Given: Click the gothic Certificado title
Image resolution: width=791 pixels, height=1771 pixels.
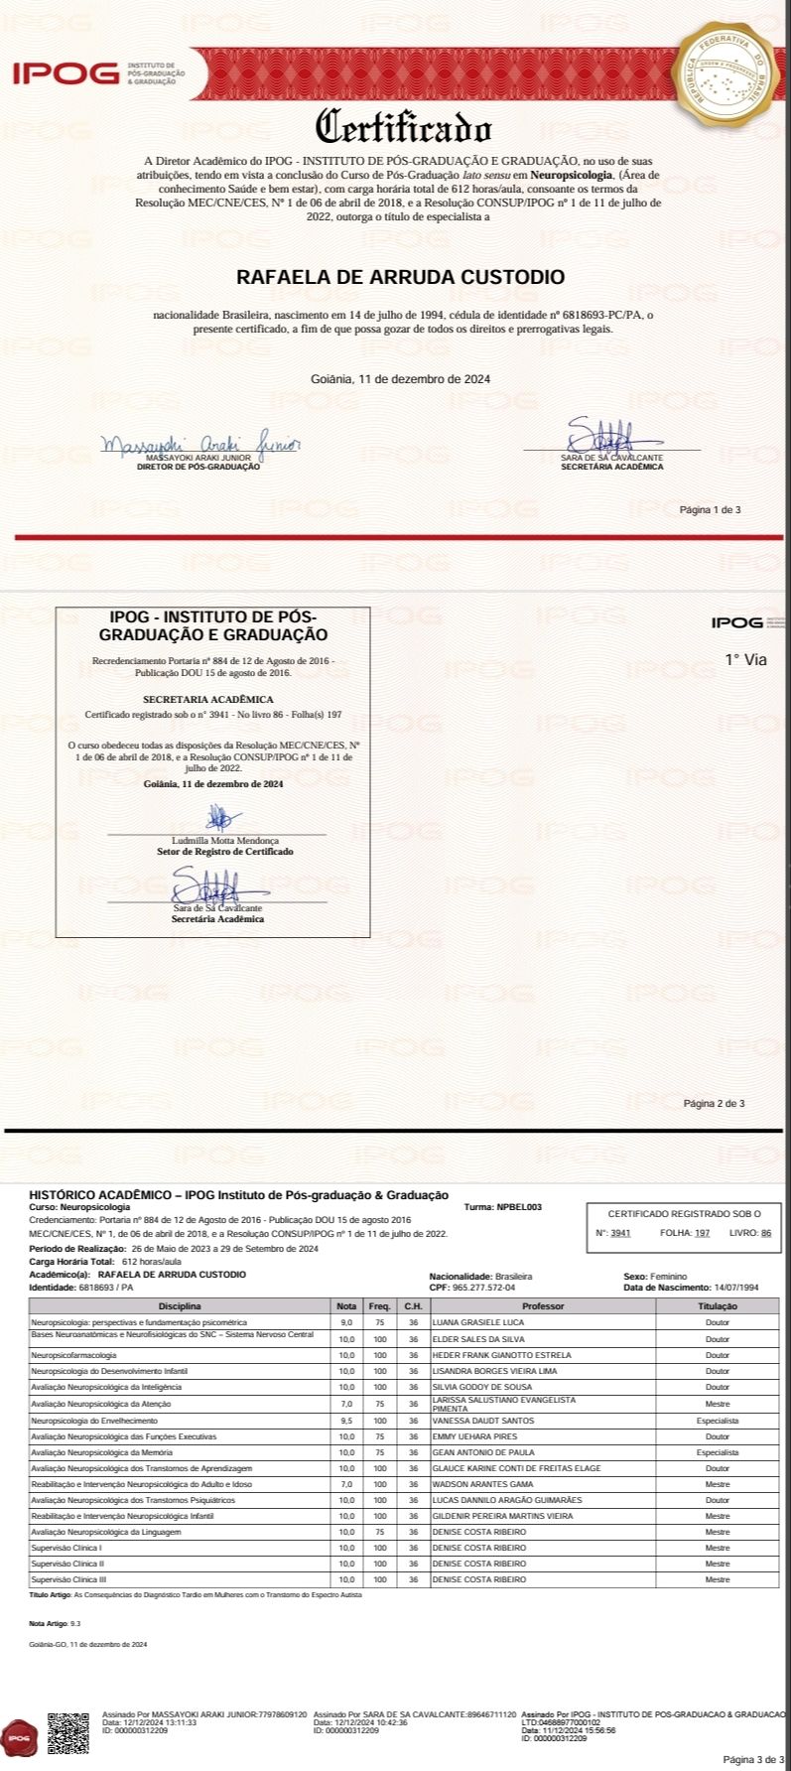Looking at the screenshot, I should coord(403,128).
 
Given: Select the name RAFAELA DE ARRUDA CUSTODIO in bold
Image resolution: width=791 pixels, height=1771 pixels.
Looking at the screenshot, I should coord(400,277).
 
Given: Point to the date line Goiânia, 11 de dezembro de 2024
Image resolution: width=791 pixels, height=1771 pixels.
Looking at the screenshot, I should coord(400,378).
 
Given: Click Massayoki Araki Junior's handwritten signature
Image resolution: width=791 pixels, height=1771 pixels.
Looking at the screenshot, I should coord(199,443).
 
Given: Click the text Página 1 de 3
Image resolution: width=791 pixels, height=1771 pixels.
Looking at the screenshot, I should coord(710,510).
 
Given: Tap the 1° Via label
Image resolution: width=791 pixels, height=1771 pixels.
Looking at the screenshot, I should coord(745,659).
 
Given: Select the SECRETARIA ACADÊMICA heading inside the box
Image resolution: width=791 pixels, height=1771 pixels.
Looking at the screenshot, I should coord(207,699).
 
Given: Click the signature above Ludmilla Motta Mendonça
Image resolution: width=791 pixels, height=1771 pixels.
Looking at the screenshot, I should coord(220,819).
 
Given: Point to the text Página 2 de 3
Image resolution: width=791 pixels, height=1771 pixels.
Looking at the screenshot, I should coord(714,1103).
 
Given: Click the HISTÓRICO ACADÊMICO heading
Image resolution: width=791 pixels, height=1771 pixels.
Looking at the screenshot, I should coord(238,1195).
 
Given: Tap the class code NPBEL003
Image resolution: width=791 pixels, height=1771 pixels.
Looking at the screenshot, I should coord(519,1207).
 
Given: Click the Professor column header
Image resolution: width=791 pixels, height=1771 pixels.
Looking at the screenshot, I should coord(542,1306).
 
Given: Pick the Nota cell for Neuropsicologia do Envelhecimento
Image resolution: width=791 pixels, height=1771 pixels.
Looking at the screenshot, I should coord(346,1421).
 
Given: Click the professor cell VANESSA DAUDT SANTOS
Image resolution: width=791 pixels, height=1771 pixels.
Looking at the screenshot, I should coord(483,1421).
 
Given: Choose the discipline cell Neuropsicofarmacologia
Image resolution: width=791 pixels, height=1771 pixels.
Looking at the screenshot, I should coord(73,1355).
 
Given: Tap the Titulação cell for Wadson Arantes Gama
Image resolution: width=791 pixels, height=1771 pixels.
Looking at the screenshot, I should coord(717,1484).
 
